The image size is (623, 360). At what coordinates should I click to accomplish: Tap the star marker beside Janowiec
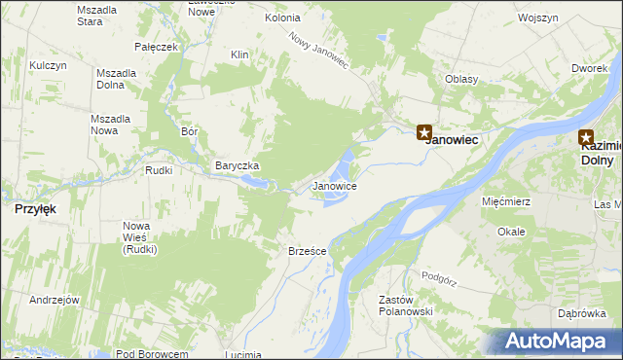424,132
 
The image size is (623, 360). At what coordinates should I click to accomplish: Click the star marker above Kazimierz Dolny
586,138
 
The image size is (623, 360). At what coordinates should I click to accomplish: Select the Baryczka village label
237,165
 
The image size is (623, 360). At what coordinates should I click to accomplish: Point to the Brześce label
307,251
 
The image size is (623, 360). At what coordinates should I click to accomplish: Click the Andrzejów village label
54,300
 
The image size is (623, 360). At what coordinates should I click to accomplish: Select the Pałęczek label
157,47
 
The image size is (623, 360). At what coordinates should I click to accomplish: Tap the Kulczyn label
48,65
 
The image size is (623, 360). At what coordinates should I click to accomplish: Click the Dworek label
590,68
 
